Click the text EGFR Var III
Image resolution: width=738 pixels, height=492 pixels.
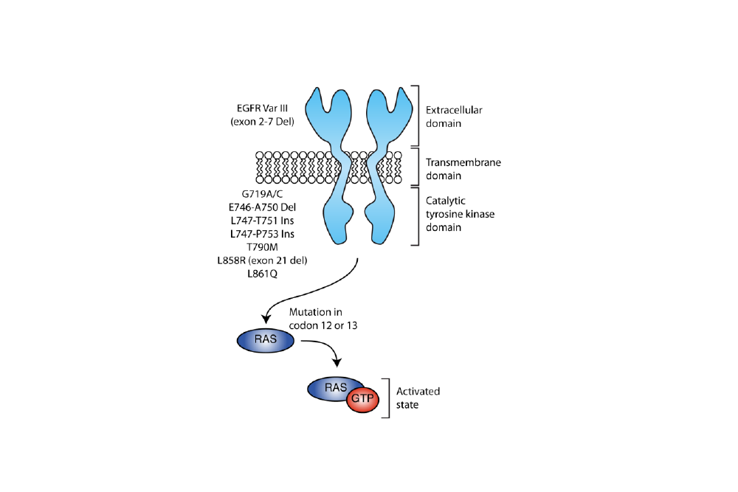(x=262, y=108)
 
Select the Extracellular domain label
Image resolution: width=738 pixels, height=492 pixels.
(x=454, y=117)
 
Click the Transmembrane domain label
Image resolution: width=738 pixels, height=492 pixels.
(x=458, y=169)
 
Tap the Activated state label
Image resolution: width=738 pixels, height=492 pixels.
(x=418, y=398)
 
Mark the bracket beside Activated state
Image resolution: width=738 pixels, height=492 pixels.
(x=386, y=398)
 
